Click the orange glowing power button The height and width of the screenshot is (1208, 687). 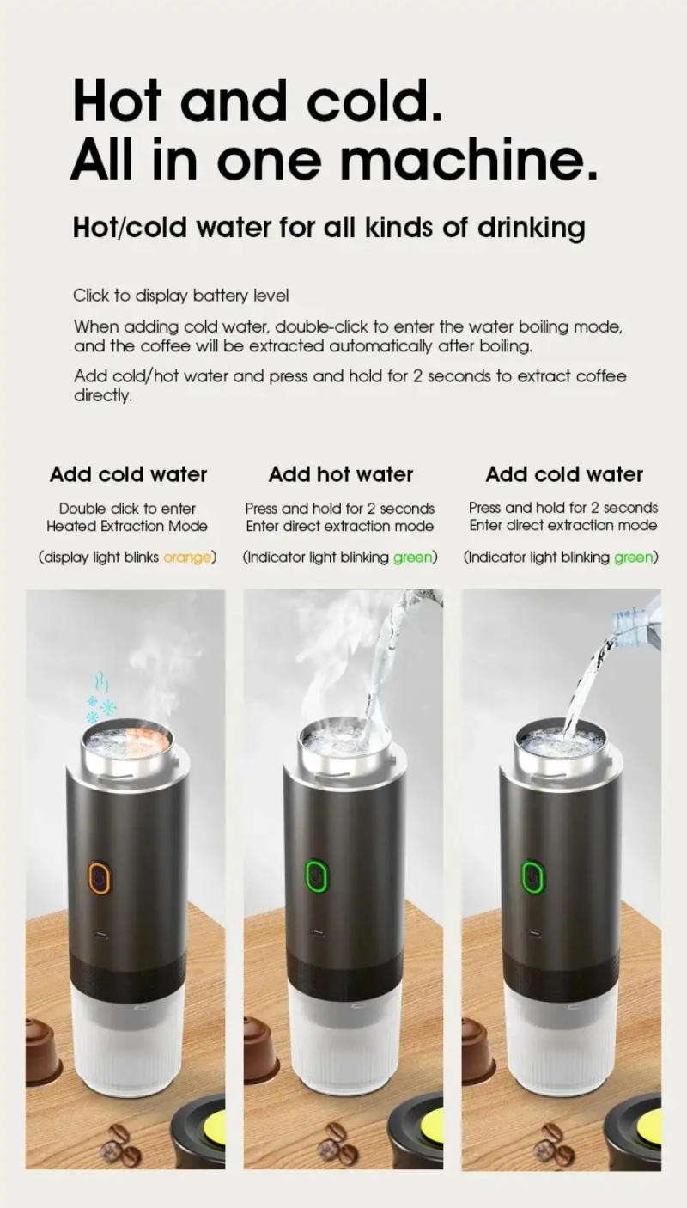[100, 878]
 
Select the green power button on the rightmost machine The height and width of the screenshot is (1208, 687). [532, 876]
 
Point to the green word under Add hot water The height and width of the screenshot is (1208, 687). [412, 558]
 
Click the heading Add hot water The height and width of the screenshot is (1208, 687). [341, 474]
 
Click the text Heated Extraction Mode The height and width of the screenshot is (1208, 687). [127, 526]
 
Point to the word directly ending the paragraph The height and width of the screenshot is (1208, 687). [103, 396]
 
